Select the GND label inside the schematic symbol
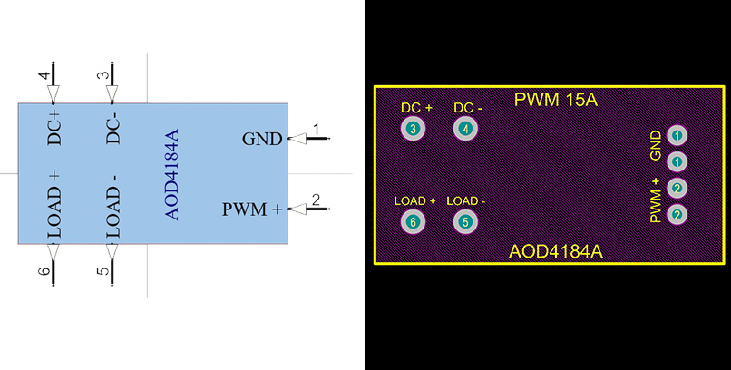262,139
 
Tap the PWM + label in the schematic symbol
252,209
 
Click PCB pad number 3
414,129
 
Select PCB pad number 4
466,129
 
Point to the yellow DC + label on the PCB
416,108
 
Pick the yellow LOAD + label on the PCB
415,200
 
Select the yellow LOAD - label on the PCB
466,200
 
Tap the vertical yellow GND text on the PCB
655,145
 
